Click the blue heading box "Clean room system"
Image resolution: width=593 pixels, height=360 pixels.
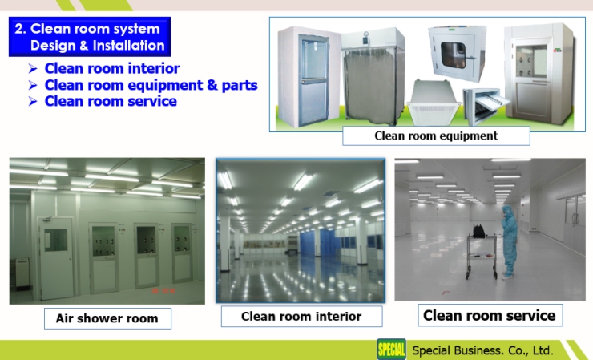click(90, 37)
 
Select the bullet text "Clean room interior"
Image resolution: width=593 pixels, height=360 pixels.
click(112, 68)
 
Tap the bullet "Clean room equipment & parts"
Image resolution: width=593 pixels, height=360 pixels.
click(151, 85)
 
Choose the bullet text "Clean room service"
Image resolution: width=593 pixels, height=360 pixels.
click(111, 102)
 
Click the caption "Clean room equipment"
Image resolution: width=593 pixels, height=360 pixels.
click(436, 136)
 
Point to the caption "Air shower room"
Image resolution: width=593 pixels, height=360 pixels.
click(107, 318)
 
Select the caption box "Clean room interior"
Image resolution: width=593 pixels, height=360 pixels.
click(301, 317)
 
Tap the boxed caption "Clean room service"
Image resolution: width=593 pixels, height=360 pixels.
click(490, 315)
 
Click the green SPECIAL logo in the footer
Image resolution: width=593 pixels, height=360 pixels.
click(391, 349)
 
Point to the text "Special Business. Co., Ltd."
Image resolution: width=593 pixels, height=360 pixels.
click(482, 350)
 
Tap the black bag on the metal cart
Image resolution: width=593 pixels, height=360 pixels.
click(478, 231)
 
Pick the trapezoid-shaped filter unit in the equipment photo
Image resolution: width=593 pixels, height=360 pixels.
click(433, 102)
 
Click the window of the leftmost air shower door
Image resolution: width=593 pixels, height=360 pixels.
click(55, 240)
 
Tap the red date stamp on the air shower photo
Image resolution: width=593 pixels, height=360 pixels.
click(163, 291)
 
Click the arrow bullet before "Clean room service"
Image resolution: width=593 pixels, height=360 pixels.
click(33, 102)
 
